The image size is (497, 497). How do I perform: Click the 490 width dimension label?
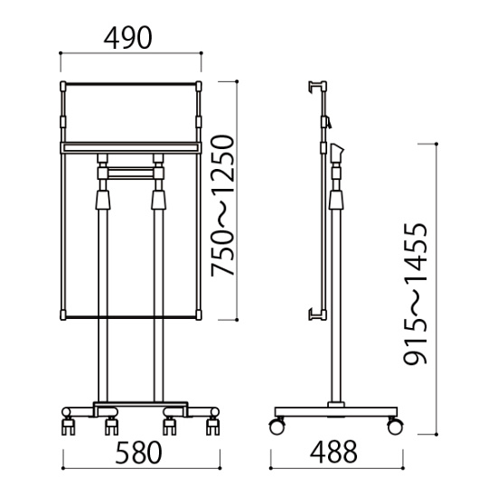(x=127, y=38)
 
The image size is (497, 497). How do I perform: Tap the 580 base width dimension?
(x=138, y=453)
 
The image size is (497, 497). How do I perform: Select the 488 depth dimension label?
(x=333, y=452)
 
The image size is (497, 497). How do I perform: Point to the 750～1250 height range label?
(x=223, y=205)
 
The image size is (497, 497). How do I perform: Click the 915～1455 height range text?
(x=416, y=294)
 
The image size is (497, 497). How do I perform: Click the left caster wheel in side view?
(x=277, y=426)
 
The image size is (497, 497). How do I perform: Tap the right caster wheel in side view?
(x=395, y=426)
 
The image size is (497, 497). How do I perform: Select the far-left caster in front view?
(x=68, y=427)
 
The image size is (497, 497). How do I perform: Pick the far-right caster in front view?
(x=212, y=427)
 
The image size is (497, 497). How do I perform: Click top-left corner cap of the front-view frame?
(x=63, y=86)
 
